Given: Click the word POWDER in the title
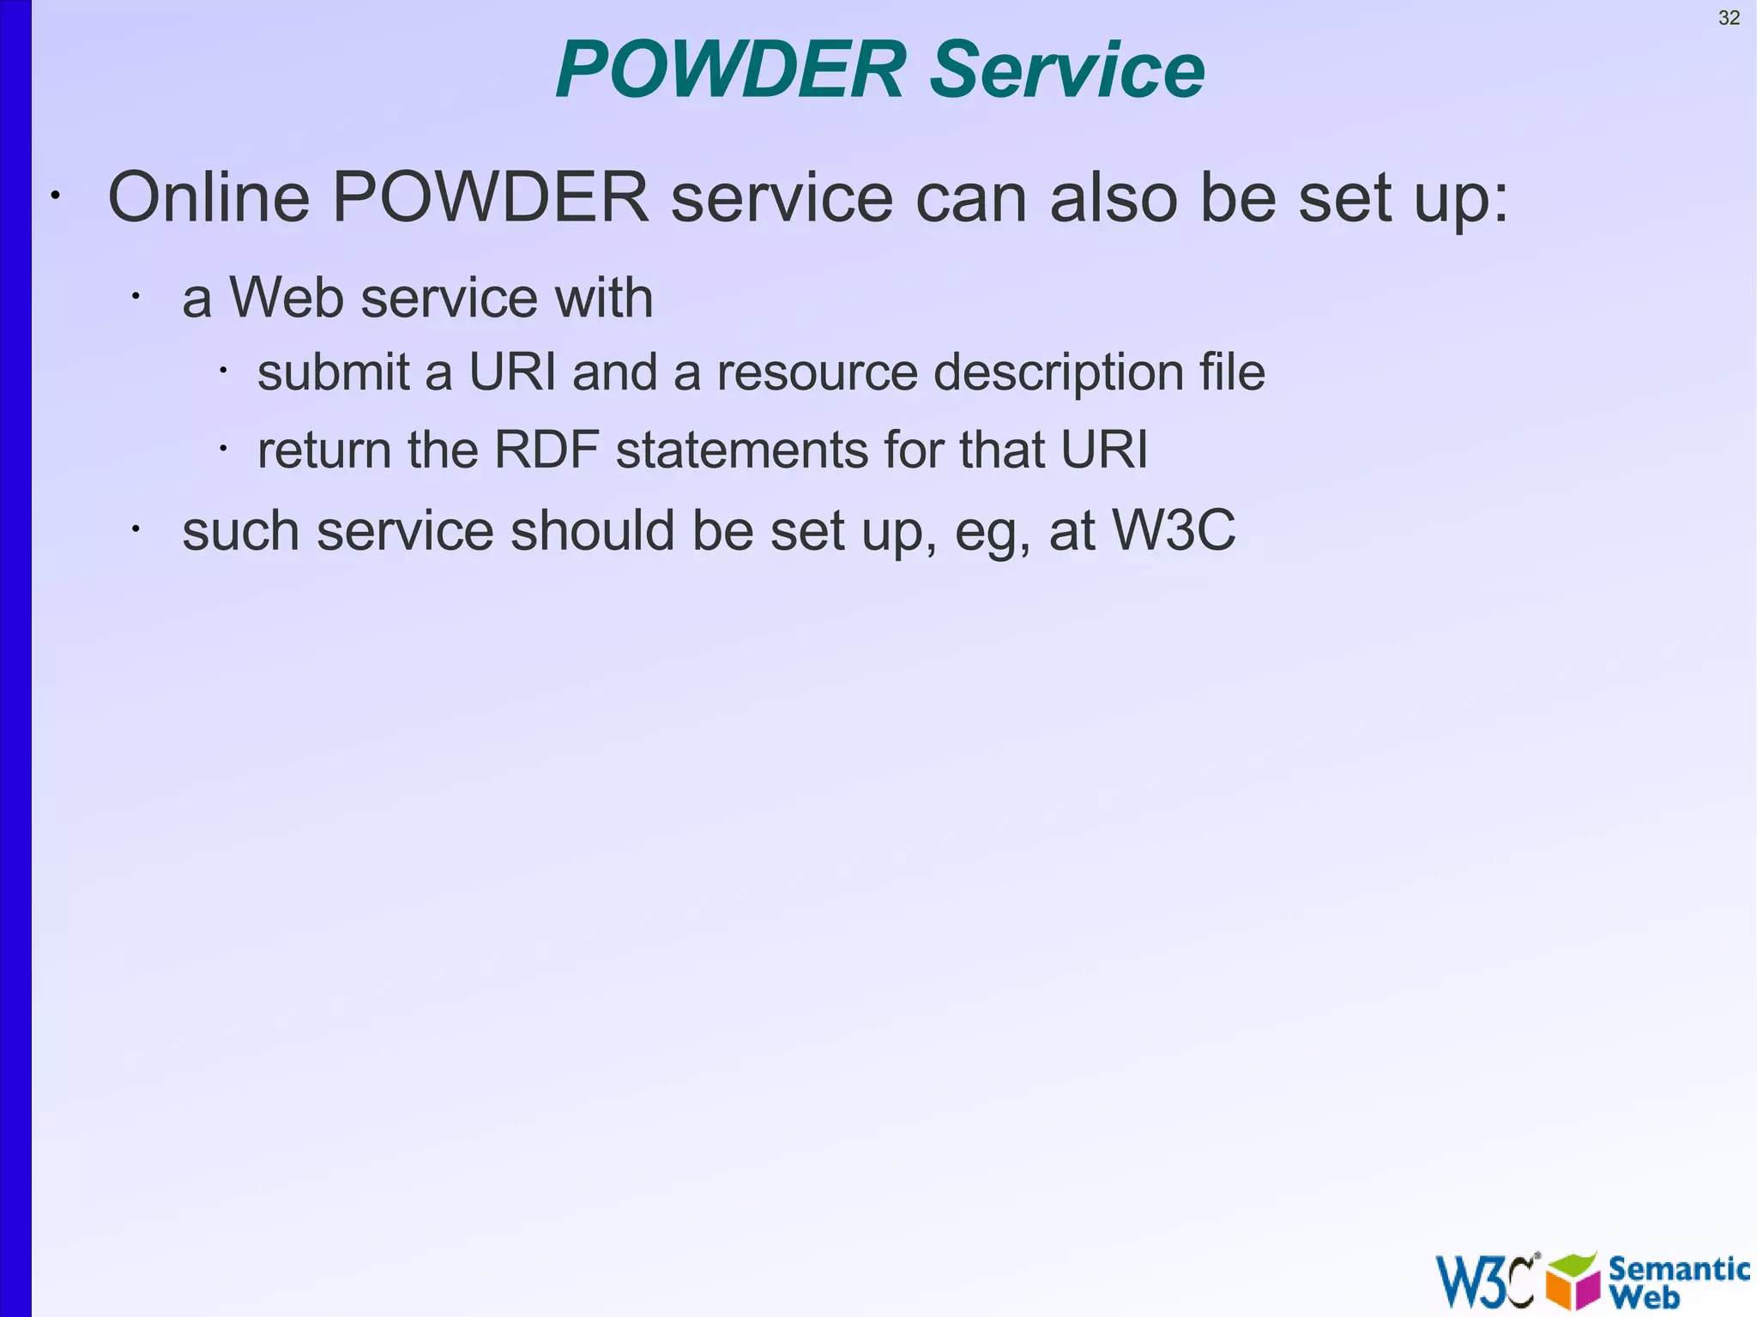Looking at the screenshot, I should coord(730,70).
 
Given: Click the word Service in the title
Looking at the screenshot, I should coord(1067,70).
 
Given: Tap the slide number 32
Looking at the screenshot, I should coord(1729,18).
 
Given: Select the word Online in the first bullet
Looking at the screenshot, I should coord(208,197).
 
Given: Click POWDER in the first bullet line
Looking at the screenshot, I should coord(490,197).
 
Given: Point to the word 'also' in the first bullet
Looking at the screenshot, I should coord(1114,197).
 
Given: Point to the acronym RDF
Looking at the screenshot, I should coord(546,450).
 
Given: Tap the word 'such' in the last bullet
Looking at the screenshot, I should coord(240,530).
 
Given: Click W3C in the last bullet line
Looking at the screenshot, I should coord(1173,529).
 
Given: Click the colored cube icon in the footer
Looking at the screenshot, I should coord(1573,1280).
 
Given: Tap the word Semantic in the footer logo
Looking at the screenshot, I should coord(1679,1268).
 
